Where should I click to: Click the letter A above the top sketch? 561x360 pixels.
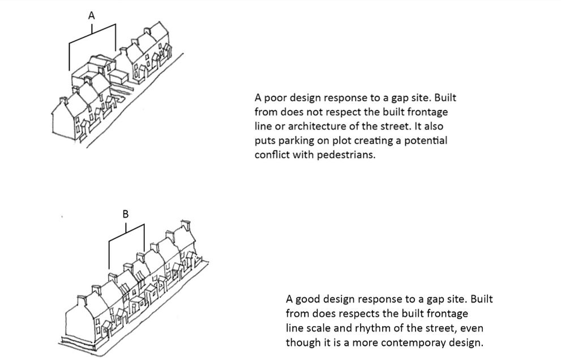pos(92,16)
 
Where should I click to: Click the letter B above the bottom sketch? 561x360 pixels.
pos(126,214)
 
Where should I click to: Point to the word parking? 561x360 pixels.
pos(296,141)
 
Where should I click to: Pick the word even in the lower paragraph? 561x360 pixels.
pos(472,328)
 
